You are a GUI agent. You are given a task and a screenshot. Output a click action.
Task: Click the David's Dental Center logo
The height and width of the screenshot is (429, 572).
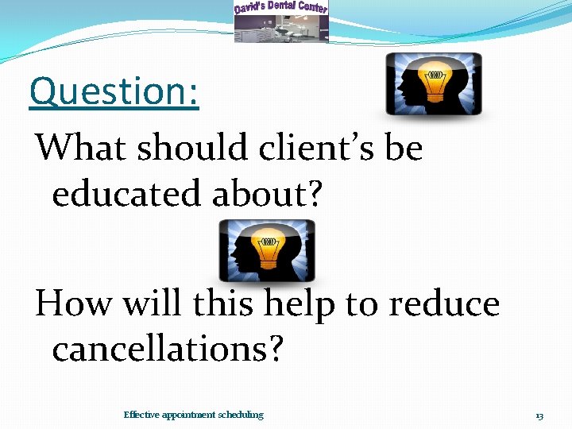(280, 21)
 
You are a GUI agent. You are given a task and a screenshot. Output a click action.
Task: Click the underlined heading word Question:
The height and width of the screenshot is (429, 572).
(114, 91)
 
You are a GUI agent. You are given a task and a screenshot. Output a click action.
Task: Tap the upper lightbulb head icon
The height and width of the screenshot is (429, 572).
(433, 84)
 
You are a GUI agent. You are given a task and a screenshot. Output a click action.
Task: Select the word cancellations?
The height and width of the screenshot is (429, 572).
(167, 350)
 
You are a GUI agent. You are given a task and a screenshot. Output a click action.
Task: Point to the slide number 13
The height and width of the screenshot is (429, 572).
(539, 415)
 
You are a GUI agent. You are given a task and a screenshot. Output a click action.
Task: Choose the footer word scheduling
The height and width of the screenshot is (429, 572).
(240, 415)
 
